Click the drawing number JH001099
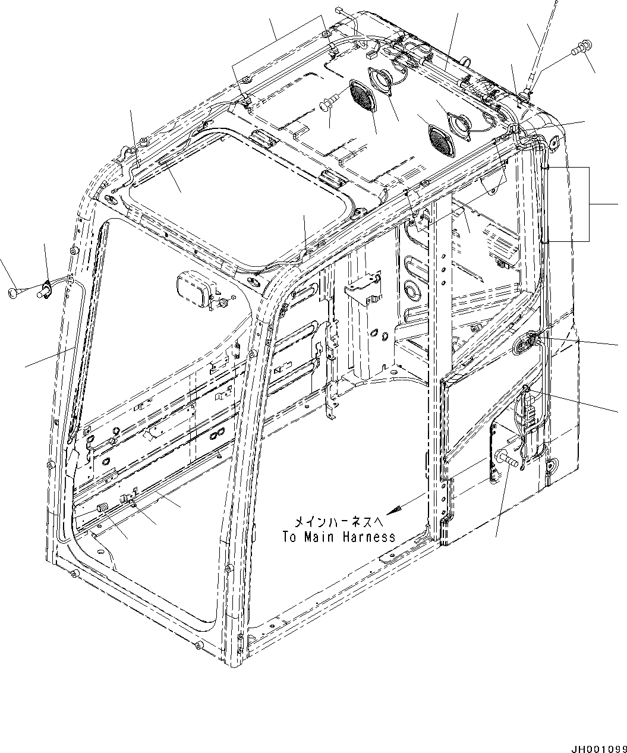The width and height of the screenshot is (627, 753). point(598,747)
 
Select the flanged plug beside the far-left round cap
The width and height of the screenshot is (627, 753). point(45,290)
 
